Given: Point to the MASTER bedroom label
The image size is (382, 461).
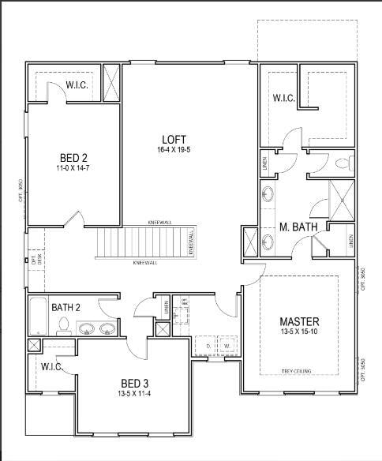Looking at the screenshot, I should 300,321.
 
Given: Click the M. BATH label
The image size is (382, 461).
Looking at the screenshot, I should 299,228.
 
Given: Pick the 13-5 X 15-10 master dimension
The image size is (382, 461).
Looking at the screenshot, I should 300,333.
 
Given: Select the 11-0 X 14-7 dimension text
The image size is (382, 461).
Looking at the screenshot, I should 73,168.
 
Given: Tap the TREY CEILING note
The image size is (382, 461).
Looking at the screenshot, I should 298,371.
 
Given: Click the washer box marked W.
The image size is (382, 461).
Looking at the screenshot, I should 227,346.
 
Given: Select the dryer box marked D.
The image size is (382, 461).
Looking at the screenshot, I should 207,346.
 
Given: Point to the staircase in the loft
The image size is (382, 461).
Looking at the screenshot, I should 144,241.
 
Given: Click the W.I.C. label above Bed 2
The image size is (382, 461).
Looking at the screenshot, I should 77,84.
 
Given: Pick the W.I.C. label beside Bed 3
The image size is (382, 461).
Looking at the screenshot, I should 51,366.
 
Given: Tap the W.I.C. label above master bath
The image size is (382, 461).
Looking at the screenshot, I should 284,98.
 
